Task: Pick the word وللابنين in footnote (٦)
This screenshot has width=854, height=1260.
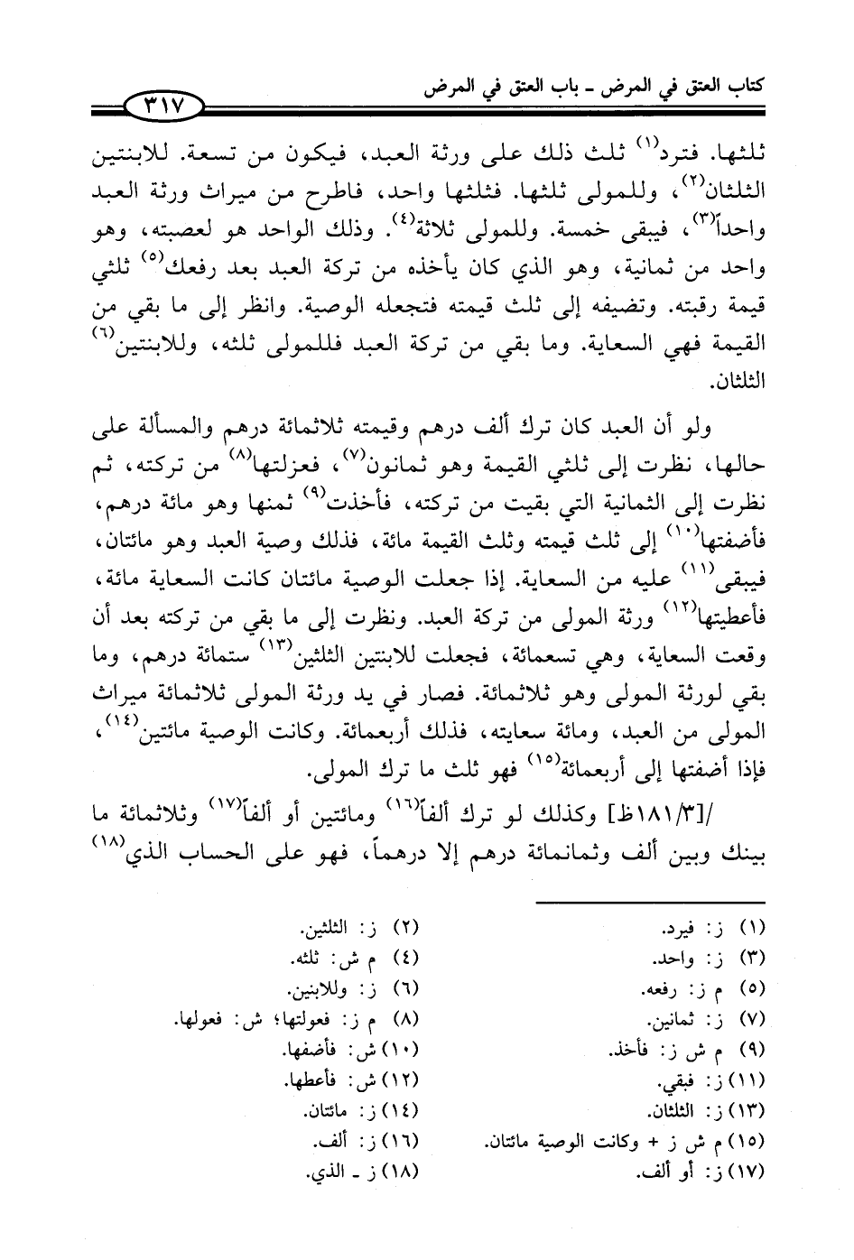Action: pos(318,989)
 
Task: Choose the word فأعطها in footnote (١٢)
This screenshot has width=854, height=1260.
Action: pos(311,1080)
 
